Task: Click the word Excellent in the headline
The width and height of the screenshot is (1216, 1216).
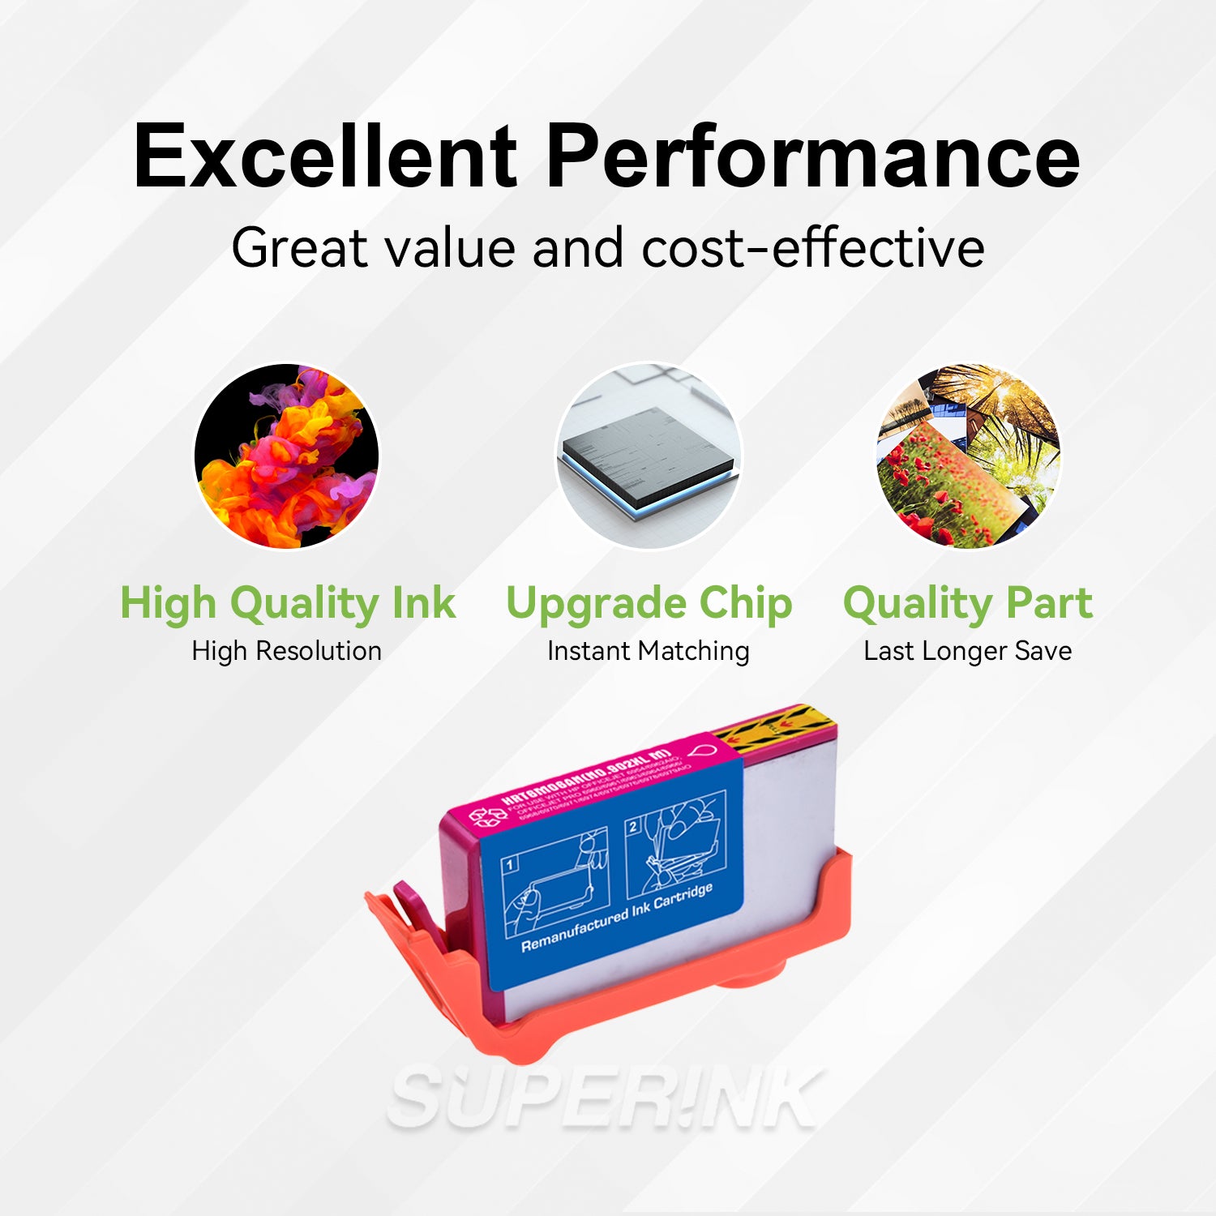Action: (x=325, y=156)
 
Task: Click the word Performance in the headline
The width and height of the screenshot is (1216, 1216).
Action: (x=812, y=156)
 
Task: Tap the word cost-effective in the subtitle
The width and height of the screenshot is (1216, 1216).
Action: (x=813, y=247)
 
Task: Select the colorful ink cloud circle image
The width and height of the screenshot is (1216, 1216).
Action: (x=286, y=456)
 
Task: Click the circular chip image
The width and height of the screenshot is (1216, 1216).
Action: (x=648, y=456)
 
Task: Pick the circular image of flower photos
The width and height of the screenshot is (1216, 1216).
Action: (x=968, y=456)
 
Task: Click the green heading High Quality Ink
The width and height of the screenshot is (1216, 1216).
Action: (x=288, y=603)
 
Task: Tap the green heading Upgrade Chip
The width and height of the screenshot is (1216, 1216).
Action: (x=649, y=603)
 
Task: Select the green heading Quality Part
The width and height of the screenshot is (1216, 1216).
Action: (x=968, y=603)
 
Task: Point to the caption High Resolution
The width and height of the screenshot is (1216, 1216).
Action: (x=286, y=651)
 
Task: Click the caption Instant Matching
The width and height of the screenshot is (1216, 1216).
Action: (x=648, y=651)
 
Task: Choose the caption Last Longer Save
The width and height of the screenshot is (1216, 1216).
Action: (x=967, y=651)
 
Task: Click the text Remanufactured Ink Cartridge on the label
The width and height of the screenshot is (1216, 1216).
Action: (x=617, y=918)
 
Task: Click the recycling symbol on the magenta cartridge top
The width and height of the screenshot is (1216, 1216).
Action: (x=488, y=815)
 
